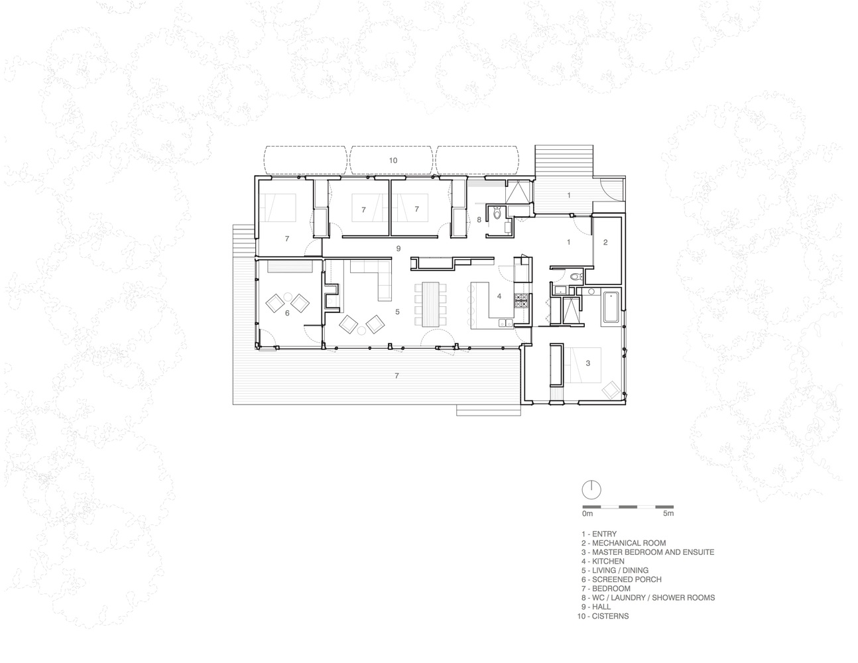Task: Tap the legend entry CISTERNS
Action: pyautogui.click(x=603, y=616)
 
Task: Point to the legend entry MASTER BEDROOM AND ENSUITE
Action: pyautogui.click(x=648, y=552)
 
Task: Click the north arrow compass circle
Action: pyautogui.click(x=591, y=491)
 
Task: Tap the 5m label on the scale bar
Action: pyautogui.click(x=668, y=513)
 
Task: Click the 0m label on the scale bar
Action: pyautogui.click(x=587, y=513)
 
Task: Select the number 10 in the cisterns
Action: pyautogui.click(x=393, y=160)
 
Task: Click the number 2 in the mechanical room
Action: pyautogui.click(x=605, y=242)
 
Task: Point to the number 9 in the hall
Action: pyautogui.click(x=398, y=248)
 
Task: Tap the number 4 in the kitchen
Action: pyautogui.click(x=499, y=296)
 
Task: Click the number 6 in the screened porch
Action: pyautogui.click(x=287, y=313)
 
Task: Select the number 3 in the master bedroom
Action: pyautogui.click(x=587, y=363)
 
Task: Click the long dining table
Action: pyautogui.click(x=430, y=304)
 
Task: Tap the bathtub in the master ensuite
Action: pyautogui.click(x=611, y=306)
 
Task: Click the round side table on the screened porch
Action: pyautogui.click(x=288, y=296)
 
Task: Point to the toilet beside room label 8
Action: pyautogui.click(x=497, y=213)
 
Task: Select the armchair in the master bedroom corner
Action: pyautogui.click(x=611, y=391)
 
